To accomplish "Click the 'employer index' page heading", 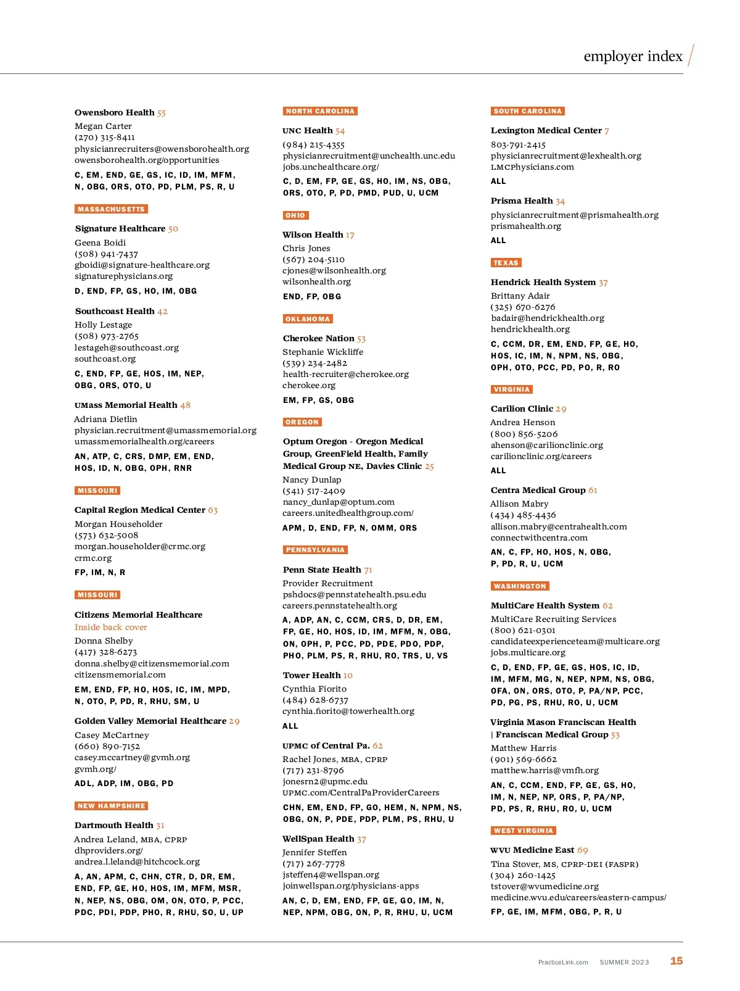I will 633,56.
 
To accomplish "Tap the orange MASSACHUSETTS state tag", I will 111,209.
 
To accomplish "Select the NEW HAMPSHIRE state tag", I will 111,806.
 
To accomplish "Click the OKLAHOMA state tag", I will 308,319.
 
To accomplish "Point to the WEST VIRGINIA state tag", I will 523,831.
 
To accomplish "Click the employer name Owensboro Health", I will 115,112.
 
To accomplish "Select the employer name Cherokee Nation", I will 318,338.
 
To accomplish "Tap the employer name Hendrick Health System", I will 543,282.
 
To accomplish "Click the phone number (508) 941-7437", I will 106,254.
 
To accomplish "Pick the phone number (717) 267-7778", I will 313,863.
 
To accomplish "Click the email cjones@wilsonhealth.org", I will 334,270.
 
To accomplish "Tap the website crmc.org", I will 93,558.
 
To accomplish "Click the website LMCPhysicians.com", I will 532,167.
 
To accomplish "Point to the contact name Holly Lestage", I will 103,325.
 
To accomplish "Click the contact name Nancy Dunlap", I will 311,479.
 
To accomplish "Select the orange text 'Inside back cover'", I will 111,627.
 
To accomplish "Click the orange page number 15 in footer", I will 676,961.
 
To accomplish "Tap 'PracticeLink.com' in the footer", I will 563,962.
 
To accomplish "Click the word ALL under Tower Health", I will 290,726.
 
